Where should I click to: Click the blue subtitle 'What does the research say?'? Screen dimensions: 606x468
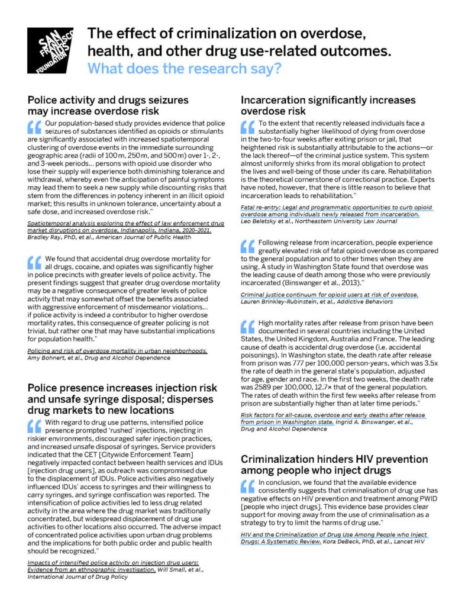click(184, 68)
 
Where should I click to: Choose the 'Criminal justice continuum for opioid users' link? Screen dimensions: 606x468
click(329, 294)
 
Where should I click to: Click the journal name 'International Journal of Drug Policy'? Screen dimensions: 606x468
click(78, 576)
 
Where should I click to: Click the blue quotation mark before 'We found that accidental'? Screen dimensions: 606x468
click(34, 262)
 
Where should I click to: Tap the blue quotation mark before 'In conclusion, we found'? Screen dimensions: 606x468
click(247, 485)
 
